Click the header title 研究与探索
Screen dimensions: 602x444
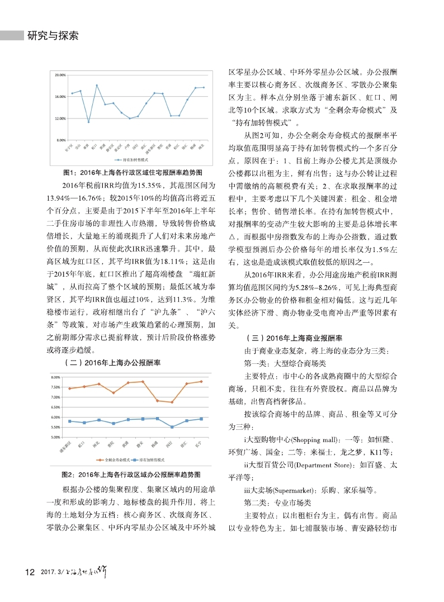pyautogui.click(x=53, y=36)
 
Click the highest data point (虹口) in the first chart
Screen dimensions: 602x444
pyautogui.click(x=97, y=86)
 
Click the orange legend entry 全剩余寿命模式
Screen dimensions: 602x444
pyautogui.click(x=115, y=459)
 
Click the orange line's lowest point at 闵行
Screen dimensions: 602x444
pyautogui.click(x=172, y=402)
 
